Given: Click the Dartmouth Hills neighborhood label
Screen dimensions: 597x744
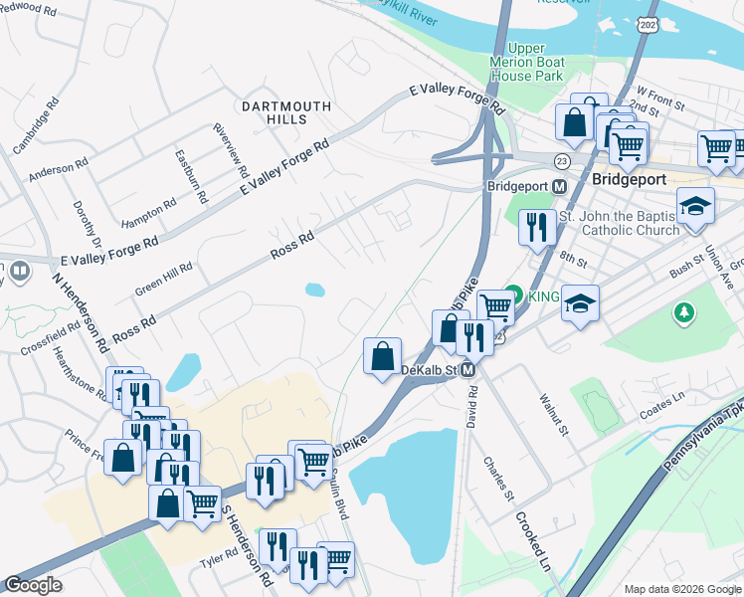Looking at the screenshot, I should coord(273,111).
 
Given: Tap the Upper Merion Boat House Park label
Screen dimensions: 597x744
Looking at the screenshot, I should coord(535,62).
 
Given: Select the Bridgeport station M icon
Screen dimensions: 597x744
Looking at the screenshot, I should coord(560,186).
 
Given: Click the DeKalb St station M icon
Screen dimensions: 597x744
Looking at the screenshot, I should coord(466,369).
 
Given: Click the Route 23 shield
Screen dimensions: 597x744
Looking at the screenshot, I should coord(562,159).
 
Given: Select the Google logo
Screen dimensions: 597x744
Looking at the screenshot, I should coord(33,585).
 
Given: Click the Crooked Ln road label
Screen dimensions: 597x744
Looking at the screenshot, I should coord(532,546).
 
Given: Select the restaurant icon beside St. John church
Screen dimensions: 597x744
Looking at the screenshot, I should coord(537,228).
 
